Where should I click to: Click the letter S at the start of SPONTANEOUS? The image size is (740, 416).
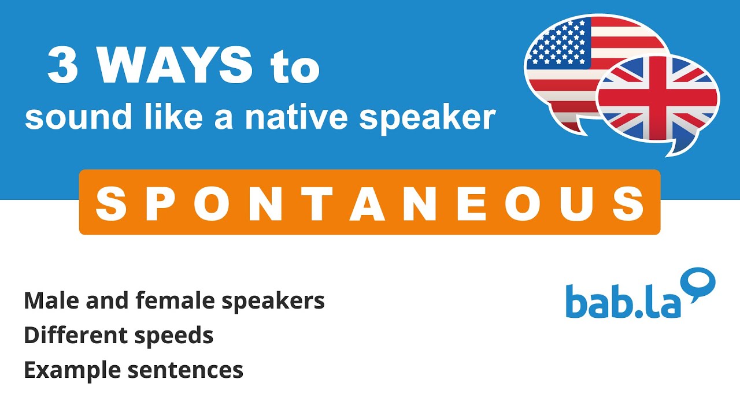pos(110,203)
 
